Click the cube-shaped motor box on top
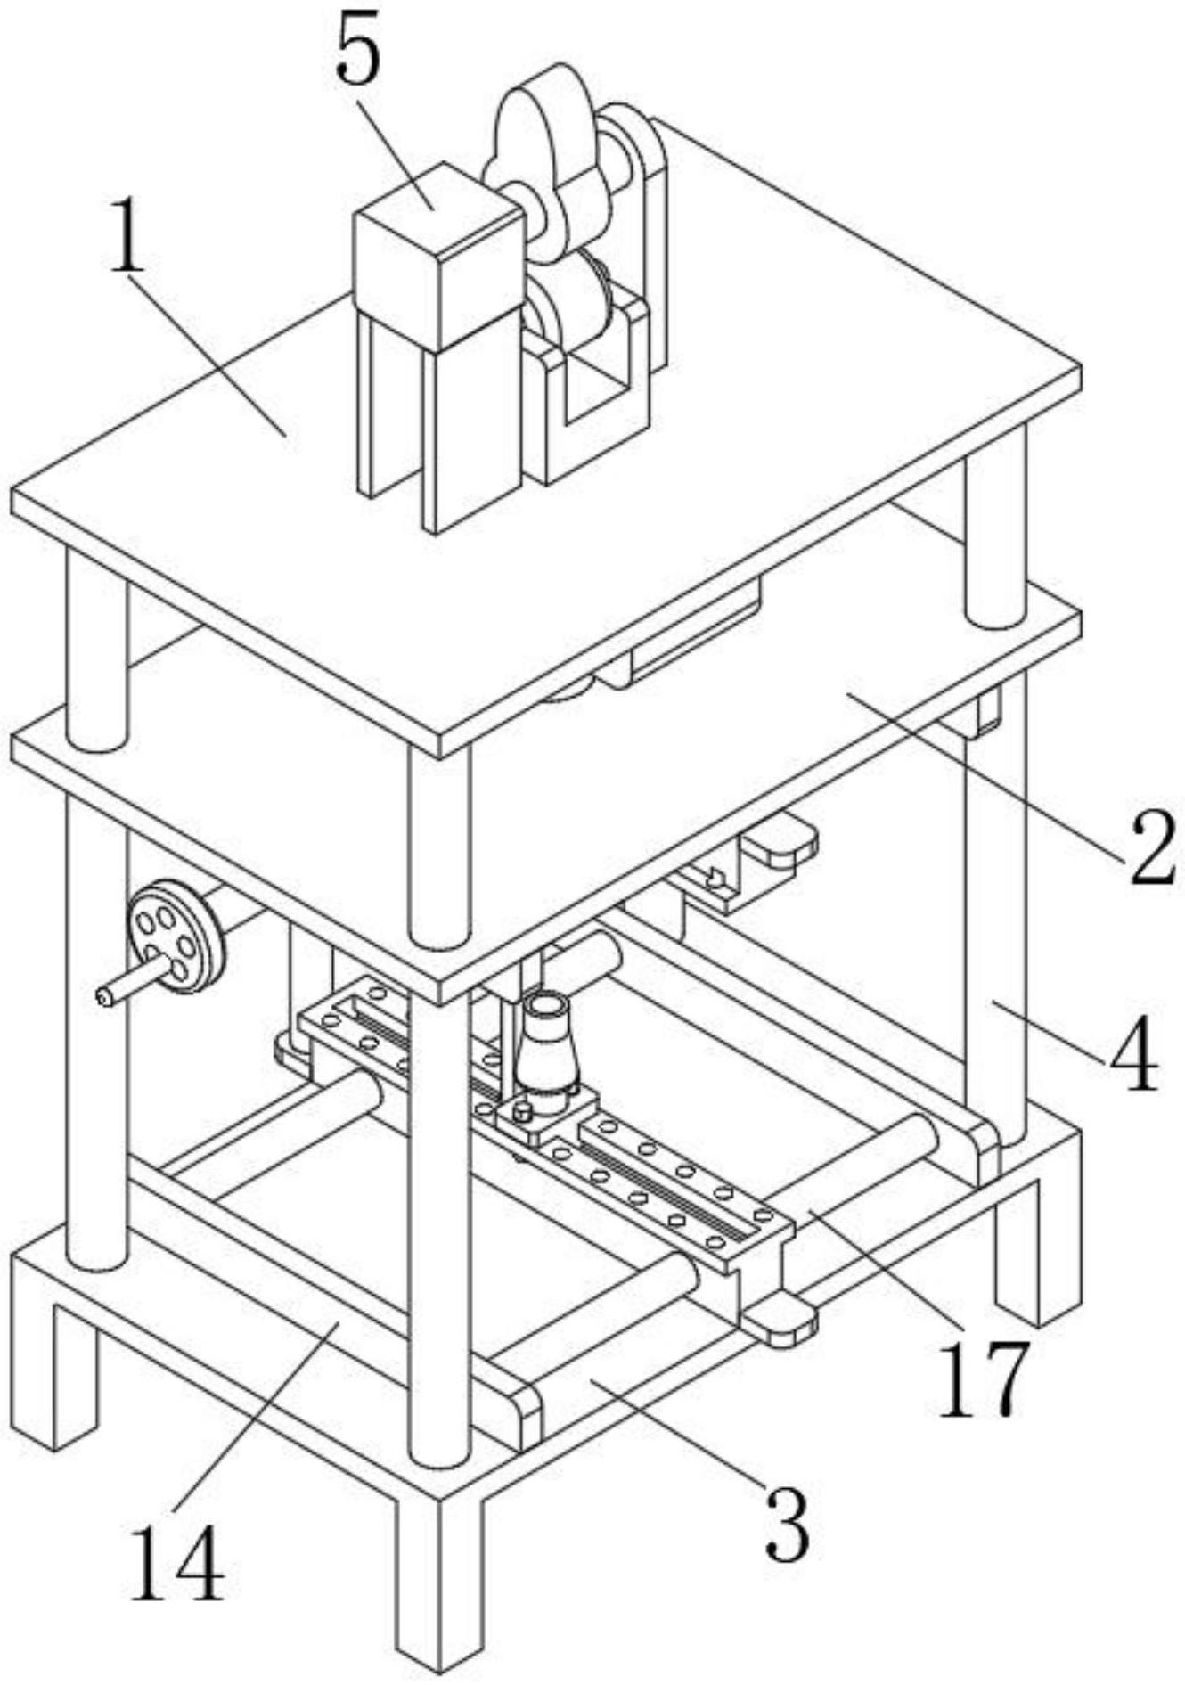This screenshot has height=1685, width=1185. click(437, 254)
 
